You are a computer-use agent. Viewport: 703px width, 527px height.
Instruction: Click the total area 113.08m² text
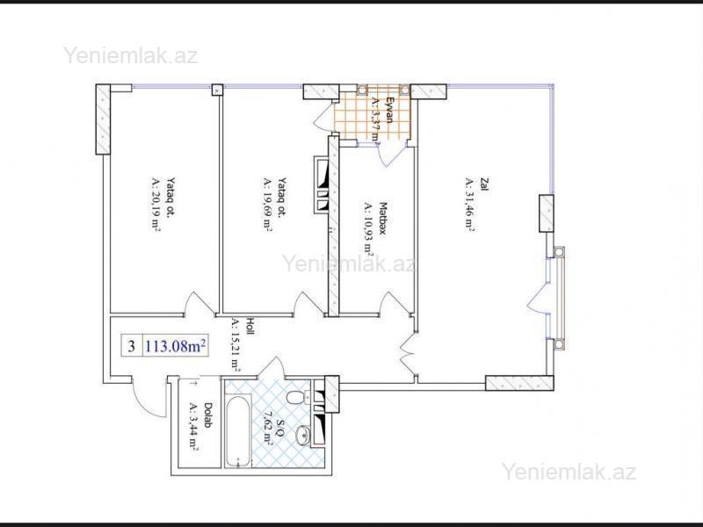[x=176, y=346]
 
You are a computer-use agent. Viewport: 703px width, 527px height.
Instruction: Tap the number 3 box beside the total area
[x=132, y=346]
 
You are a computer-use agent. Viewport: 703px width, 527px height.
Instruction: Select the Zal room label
[x=484, y=184]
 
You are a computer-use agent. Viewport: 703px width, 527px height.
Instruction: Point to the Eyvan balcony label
[x=389, y=110]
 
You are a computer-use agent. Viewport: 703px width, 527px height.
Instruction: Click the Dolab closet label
[x=208, y=415]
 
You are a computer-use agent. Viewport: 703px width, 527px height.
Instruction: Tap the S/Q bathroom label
[x=280, y=428]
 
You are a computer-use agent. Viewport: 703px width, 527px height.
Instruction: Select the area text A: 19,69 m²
[x=267, y=205]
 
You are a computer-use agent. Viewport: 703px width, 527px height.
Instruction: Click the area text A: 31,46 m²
[x=469, y=205]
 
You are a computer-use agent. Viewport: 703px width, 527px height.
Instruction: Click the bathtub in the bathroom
[x=237, y=430]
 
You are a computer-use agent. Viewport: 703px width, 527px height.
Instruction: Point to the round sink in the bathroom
[x=303, y=435]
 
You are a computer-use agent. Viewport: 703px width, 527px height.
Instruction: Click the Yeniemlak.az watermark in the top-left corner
[x=130, y=56]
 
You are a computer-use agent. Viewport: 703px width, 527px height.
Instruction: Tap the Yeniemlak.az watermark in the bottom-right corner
[x=569, y=472]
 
